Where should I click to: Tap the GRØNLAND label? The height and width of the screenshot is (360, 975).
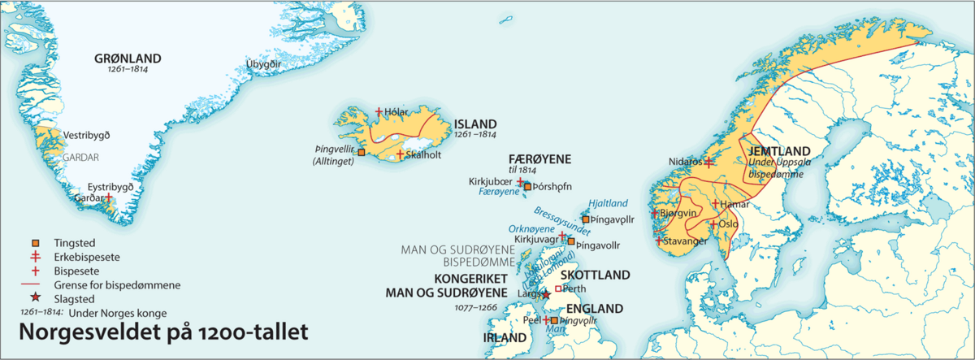(x=128, y=59)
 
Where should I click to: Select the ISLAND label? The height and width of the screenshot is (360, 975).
(x=475, y=124)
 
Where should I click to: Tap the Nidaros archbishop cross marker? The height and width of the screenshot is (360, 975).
(x=708, y=163)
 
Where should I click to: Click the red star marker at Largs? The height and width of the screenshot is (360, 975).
(x=546, y=294)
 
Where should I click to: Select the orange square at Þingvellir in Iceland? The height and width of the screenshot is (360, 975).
(x=361, y=152)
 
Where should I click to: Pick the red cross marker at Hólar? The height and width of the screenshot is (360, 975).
(x=379, y=111)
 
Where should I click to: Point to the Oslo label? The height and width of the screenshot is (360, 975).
(x=729, y=223)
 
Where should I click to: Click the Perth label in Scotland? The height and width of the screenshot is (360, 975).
(x=574, y=288)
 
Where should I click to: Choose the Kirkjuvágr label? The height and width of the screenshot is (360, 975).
(x=537, y=241)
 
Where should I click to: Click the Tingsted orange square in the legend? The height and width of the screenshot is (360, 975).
(x=35, y=243)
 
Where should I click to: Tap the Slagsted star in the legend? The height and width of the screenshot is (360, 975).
(x=35, y=299)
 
